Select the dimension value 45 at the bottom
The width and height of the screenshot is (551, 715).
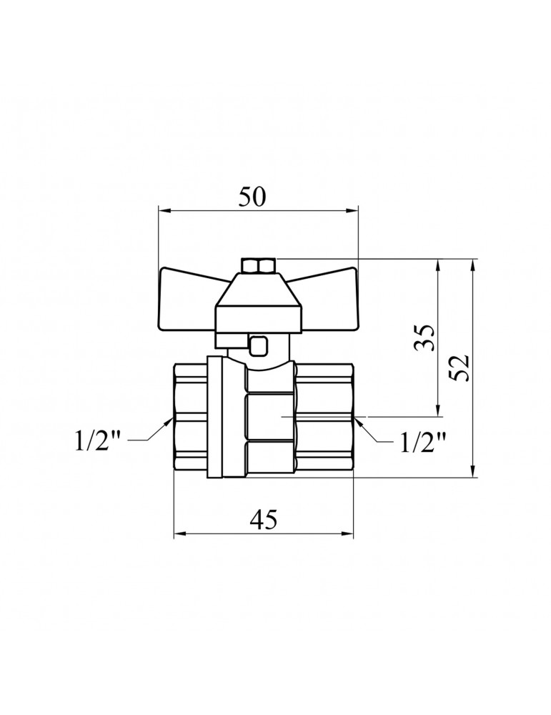coord(263,520)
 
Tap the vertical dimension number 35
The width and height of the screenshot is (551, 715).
coord(425,337)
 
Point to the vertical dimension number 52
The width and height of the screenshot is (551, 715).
coord(461,368)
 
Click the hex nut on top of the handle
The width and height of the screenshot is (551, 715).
coord(259,267)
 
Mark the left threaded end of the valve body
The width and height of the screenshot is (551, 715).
coord(190,418)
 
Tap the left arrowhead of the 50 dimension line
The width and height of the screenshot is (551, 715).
coord(163,210)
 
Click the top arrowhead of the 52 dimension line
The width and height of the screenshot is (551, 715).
coord(472,263)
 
